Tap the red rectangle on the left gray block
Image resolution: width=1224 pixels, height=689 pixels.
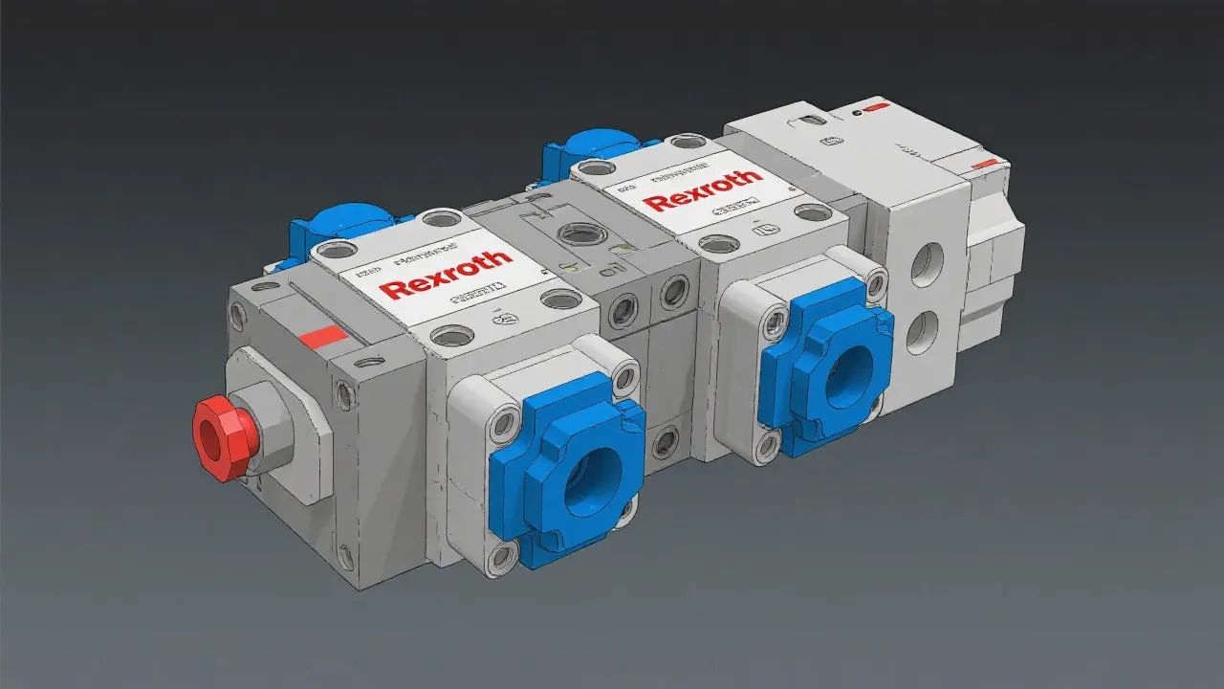[321, 336]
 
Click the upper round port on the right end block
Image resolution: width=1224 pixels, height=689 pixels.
[926, 264]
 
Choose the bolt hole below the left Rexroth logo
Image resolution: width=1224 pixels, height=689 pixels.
[452, 335]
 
